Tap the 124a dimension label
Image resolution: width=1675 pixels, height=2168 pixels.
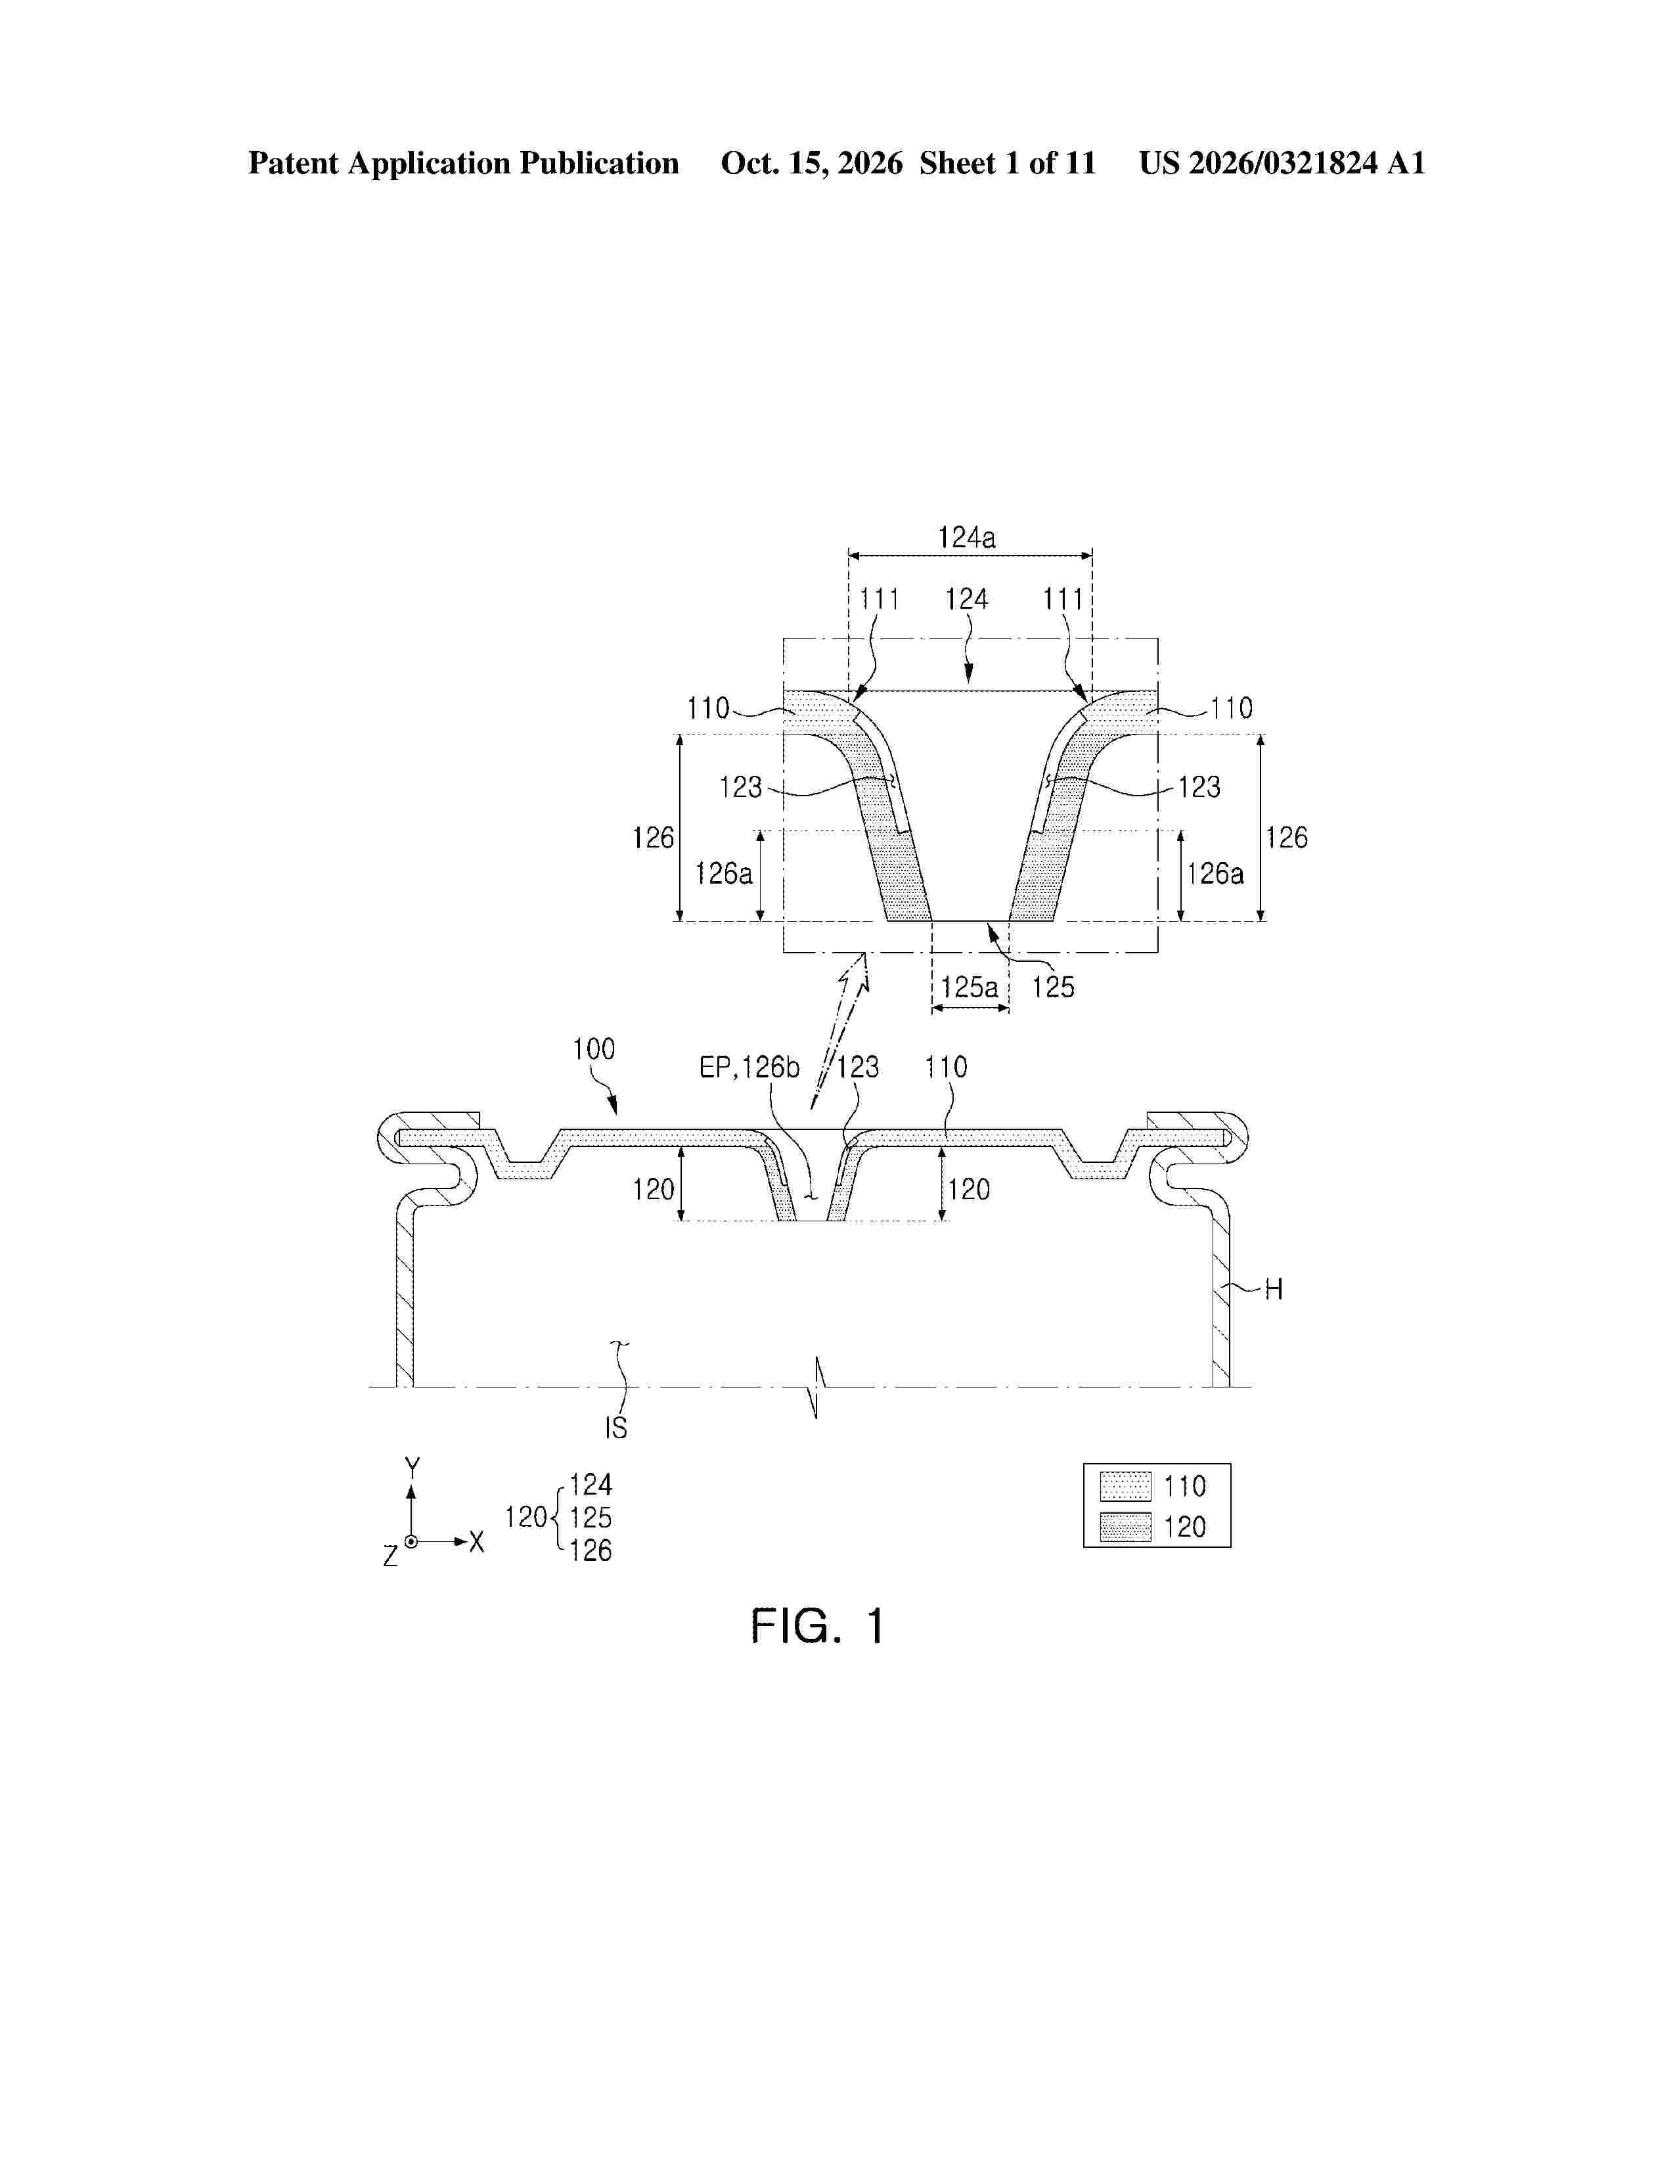click(x=966, y=538)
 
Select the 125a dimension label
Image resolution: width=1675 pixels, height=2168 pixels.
click(x=970, y=987)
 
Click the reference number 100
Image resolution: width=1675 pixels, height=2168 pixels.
click(x=593, y=1049)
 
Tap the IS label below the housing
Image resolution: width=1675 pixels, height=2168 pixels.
click(x=616, y=1428)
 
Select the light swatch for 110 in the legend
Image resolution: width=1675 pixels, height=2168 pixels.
click(x=1125, y=1486)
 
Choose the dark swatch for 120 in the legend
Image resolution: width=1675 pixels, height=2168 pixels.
click(x=1125, y=1527)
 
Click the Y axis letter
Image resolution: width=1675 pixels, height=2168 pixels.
click(x=412, y=1466)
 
